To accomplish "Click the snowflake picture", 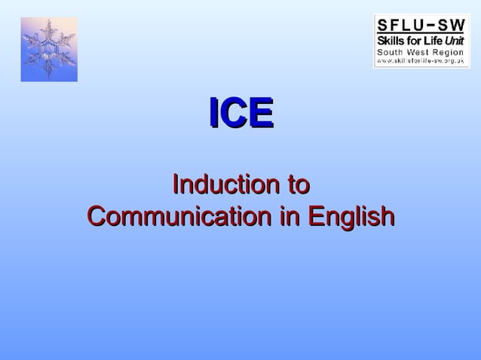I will coord(49,49).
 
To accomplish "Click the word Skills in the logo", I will coord(392,40).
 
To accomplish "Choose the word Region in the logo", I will coord(449,50).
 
